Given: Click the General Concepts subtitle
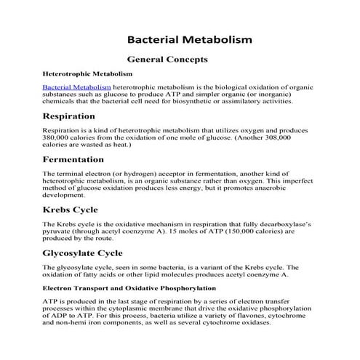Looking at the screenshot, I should point(167,60).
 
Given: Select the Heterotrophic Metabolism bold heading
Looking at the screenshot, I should point(87,73).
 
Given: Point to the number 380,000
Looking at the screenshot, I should point(59,137).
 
